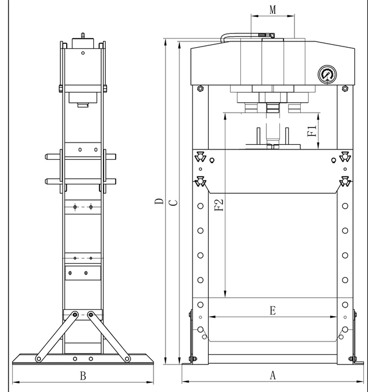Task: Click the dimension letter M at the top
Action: tap(273, 10)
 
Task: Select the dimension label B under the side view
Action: tap(83, 376)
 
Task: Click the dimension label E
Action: tap(273, 310)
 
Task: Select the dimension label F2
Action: tap(219, 205)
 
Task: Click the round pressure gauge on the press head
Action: tap(327, 75)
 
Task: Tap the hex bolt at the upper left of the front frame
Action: tap(200, 89)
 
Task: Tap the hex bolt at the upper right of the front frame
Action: tap(344, 89)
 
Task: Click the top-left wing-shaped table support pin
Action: tap(200, 156)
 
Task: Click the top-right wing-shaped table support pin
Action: tap(345, 156)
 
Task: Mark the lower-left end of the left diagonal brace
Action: tap(39, 359)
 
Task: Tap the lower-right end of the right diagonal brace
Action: tap(127, 359)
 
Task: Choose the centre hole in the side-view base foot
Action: tap(83, 358)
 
